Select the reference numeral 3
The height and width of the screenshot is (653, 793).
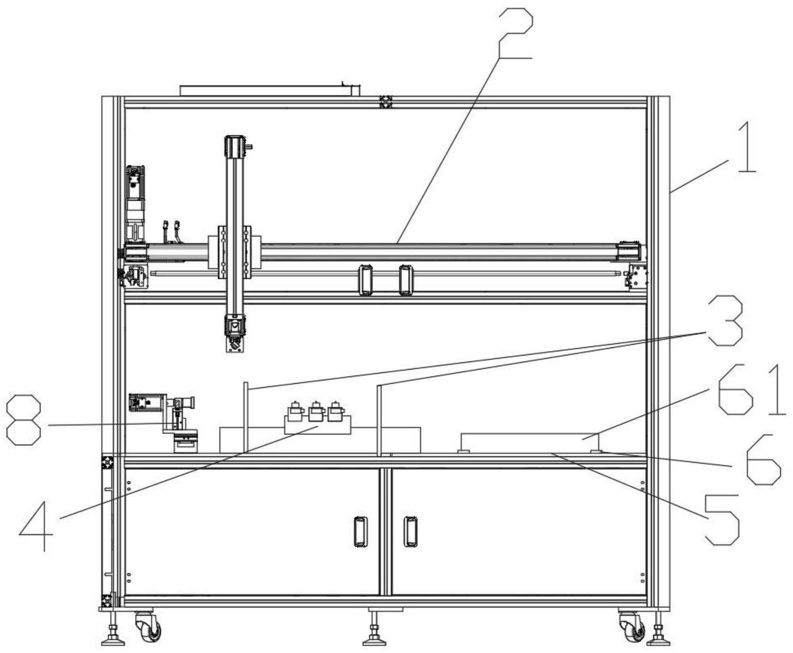pos(726,322)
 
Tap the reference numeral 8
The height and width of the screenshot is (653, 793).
pos(24,419)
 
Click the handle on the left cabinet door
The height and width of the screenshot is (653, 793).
pos(360,532)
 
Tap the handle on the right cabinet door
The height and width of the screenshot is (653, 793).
pos(410,532)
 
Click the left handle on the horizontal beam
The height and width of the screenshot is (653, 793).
pos(366,280)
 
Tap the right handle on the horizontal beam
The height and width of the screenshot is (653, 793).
pos(405,280)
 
